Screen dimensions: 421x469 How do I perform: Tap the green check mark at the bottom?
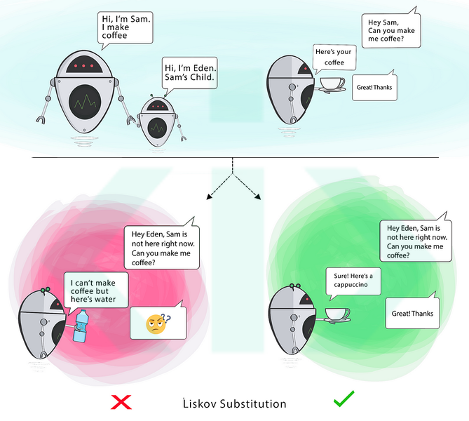344,401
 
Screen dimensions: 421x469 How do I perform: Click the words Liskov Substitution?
234,403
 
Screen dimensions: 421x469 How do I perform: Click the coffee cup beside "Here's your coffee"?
332,84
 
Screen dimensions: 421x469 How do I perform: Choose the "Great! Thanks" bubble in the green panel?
412,313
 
